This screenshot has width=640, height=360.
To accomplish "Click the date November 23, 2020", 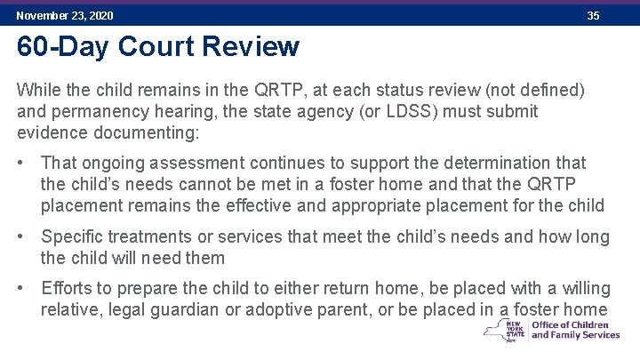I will (65, 16).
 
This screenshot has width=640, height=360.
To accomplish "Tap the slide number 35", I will (594, 16).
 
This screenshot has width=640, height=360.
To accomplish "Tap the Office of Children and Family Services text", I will (575, 330).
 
